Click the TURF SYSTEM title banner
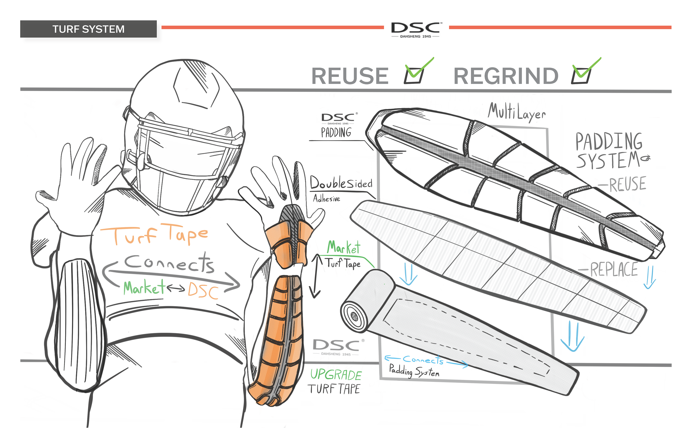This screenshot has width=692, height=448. [x=88, y=29]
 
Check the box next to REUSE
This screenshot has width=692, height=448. [x=414, y=75]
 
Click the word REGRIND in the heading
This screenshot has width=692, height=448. [x=506, y=76]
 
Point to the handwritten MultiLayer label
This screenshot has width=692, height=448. [x=517, y=112]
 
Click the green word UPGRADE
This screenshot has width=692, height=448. [x=336, y=375]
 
